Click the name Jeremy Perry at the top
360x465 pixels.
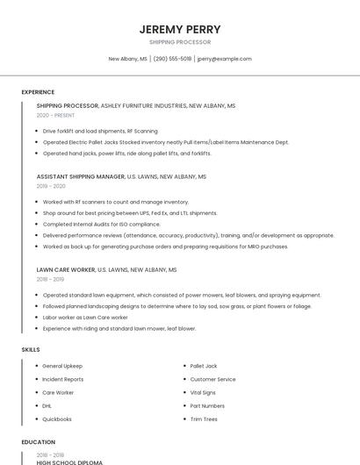pos(180,29)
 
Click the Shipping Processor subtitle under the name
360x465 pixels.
pos(180,42)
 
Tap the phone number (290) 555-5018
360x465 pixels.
pos(173,59)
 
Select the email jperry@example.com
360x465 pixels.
pos(225,59)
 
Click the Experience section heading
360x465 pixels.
pos(38,92)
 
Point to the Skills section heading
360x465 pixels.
pos(31,349)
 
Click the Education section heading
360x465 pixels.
pos(39,442)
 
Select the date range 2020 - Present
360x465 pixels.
pos(55,115)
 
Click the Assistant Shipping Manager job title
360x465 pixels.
pos(81,176)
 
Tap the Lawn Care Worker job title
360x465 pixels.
pos(69,270)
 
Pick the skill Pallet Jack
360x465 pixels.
pos(204,366)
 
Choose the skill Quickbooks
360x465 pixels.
pos(58,419)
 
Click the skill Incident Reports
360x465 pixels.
pos(63,379)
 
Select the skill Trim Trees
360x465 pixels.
pos(203,419)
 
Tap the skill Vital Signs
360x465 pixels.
pos(203,392)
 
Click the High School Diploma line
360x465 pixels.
pos(70,462)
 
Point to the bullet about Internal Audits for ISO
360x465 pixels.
pos(102,224)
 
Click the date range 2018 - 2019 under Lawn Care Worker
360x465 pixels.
pos(50,279)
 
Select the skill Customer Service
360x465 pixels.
pos(212,379)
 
